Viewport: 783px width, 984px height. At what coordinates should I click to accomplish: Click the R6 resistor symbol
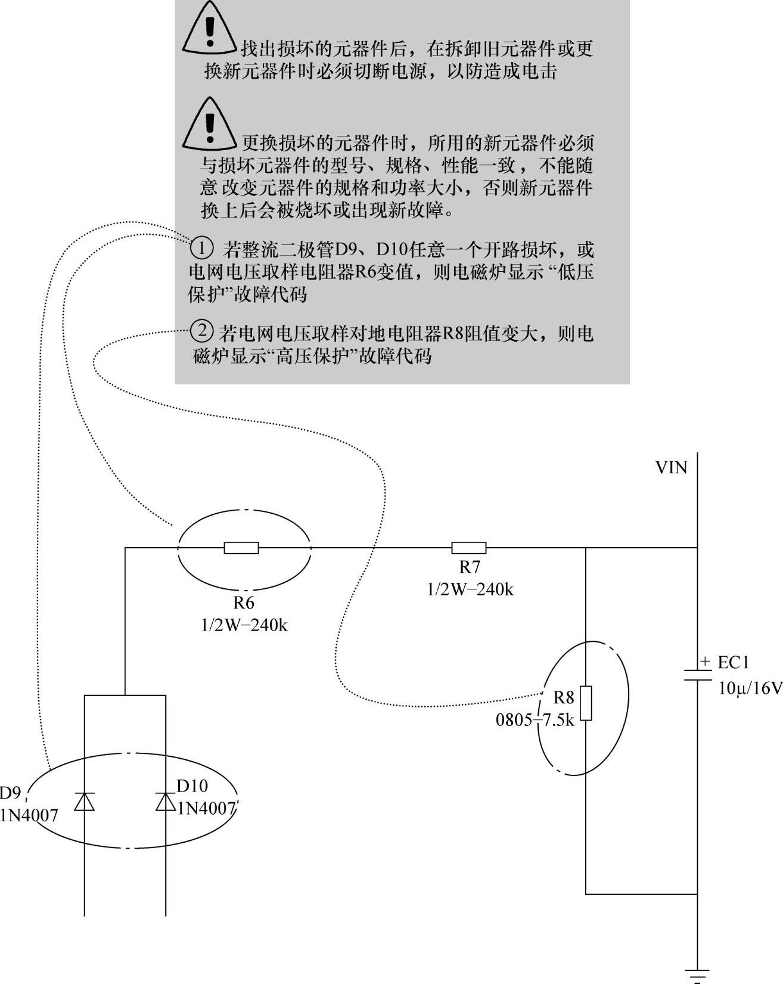pyautogui.click(x=241, y=548)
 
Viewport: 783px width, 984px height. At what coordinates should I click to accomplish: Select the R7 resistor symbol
pyautogui.click(x=469, y=548)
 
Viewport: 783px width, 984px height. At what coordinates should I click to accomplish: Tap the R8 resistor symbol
pyautogui.click(x=586, y=703)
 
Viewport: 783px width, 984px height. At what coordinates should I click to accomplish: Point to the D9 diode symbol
pyautogui.click(x=85, y=802)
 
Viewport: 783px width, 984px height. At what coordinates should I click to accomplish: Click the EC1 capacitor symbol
pyautogui.click(x=697, y=674)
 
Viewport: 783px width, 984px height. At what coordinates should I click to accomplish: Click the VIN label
pyautogui.click(x=671, y=468)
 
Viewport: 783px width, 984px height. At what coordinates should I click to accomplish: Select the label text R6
pyautogui.click(x=244, y=603)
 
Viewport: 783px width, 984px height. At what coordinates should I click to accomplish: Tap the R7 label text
pyautogui.click(x=470, y=567)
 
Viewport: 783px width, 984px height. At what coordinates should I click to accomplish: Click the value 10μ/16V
pyautogui.click(x=750, y=688)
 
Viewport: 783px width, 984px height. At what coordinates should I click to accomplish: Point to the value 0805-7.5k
pyautogui.click(x=535, y=720)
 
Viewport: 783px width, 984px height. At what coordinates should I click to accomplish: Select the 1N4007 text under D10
pyautogui.click(x=207, y=808)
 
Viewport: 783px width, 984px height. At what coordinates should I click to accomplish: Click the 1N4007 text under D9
pyautogui.click(x=29, y=815)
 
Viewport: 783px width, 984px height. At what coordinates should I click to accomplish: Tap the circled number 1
pyautogui.click(x=202, y=247)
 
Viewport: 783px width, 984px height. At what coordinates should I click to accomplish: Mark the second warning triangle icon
pyautogui.click(x=209, y=125)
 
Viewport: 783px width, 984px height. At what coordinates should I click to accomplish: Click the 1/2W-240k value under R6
pyautogui.click(x=244, y=625)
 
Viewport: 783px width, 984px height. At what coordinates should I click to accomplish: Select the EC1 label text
pyautogui.click(x=733, y=663)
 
